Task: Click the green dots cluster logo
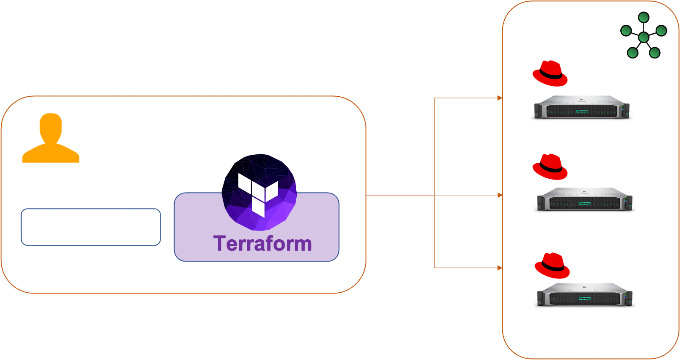click(x=643, y=36)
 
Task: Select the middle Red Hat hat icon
click(x=550, y=167)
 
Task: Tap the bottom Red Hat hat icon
click(x=552, y=266)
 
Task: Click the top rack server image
click(x=582, y=107)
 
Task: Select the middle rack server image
click(x=585, y=199)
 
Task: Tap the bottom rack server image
click(x=585, y=294)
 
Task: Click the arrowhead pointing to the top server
click(x=500, y=98)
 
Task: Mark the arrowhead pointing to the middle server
click(x=500, y=195)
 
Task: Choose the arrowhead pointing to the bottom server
click(x=500, y=267)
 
